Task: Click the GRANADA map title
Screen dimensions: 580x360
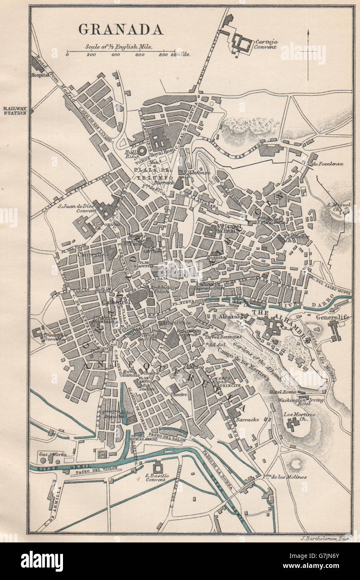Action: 121,29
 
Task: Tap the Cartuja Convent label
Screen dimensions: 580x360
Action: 267,44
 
